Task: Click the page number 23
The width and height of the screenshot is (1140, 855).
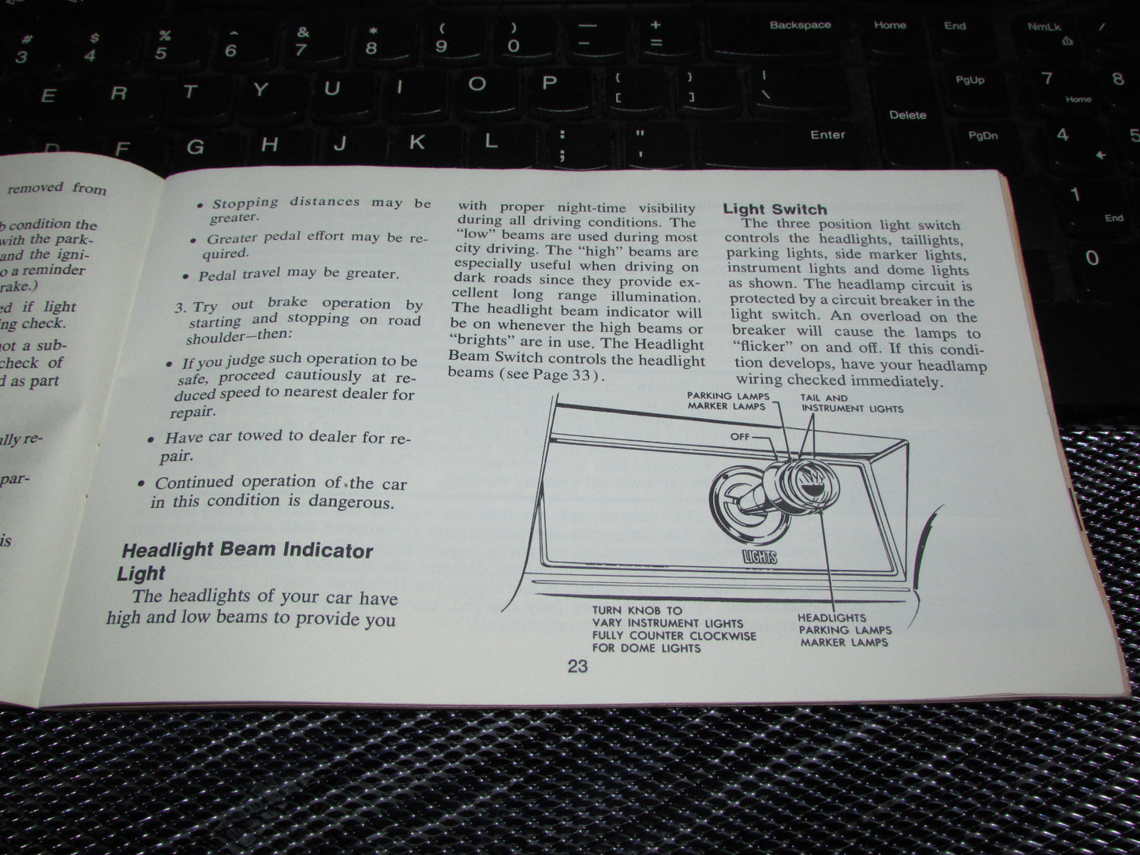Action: [x=577, y=666]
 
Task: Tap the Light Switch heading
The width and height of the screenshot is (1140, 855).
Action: [x=775, y=209]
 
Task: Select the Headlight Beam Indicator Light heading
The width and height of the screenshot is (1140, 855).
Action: [x=245, y=560]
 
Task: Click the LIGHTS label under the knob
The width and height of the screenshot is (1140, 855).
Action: [x=760, y=558]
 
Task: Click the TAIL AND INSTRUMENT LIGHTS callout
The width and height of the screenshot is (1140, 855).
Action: [x=851, y=404]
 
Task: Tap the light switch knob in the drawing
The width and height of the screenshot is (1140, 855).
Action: [x=797, y=481]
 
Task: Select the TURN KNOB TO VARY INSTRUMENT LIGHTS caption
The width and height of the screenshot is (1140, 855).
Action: [x=674, y=629]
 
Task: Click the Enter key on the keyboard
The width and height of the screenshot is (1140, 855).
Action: [x=827, y=135]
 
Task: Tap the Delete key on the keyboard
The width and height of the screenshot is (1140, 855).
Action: [x=907, y=115]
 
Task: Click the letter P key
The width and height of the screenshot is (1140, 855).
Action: [x=549, y=83]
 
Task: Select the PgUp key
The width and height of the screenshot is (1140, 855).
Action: [x=970, y=80]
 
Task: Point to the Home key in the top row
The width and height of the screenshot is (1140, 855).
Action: [x=889, y=25]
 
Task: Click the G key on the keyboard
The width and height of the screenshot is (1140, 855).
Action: [x=195, y=147]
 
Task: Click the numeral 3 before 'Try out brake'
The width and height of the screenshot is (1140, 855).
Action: [x=179, y=307]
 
